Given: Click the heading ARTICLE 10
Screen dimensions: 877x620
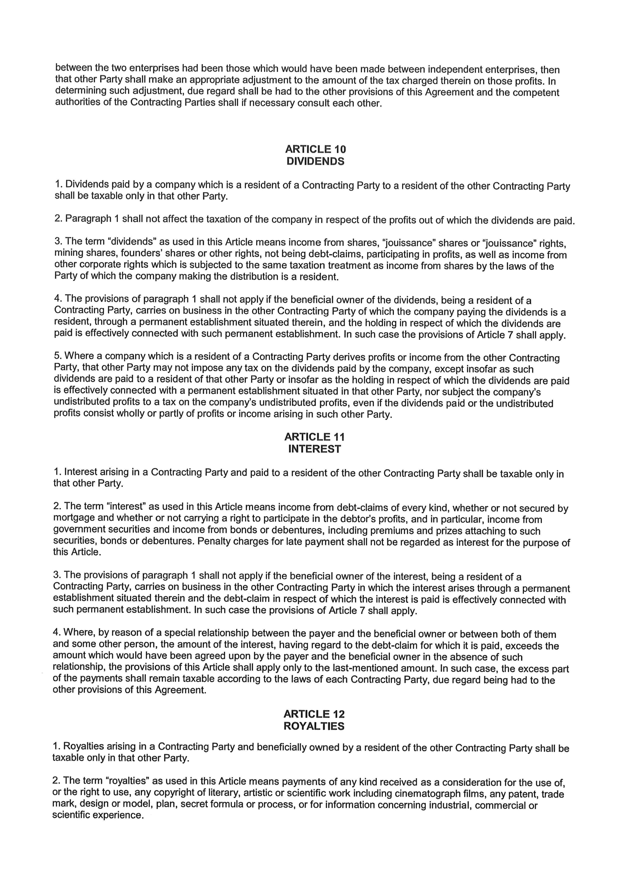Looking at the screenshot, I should click(x=315, y=149).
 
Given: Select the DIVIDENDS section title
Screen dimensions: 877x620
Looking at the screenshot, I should click(x=315, y=161).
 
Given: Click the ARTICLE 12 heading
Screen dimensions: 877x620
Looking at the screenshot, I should click(x=314, y=714).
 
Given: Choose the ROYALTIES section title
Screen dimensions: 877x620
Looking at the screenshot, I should click(x=314, y=726).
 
